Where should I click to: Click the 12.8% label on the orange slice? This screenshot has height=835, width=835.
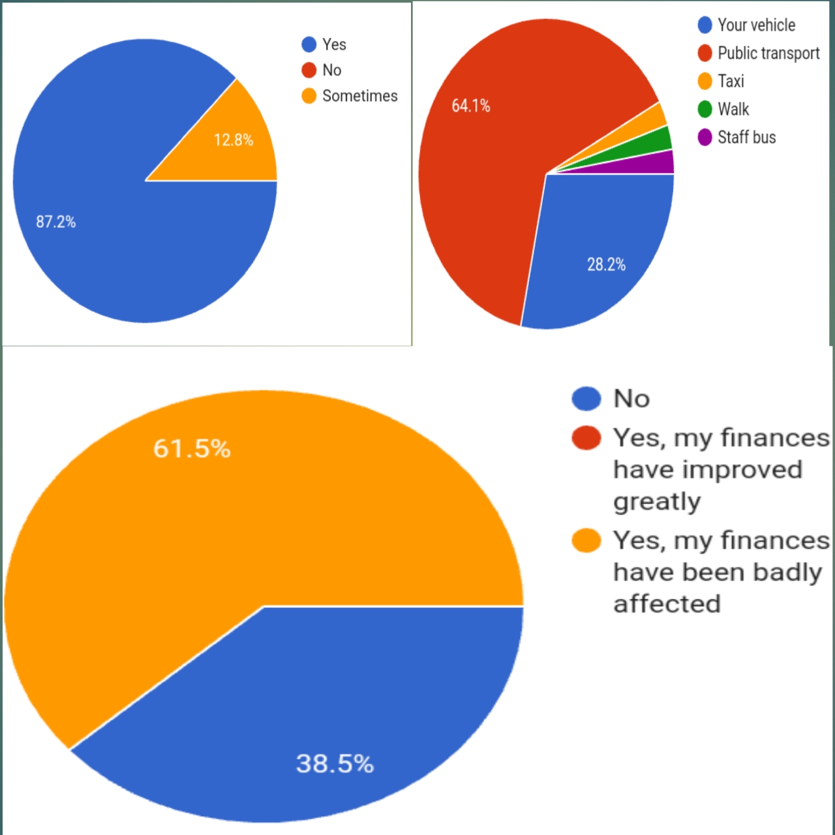[x=234, y=140]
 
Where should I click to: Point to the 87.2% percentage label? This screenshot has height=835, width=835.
[x=56, y=222]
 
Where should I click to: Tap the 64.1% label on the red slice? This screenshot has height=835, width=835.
[x=470, y=106]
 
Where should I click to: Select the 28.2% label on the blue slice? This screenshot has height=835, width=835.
[x=606, y=264]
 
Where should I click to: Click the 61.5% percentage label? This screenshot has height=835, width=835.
[x=192, y=449]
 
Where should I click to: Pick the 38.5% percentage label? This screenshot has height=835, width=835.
[x=335, y=763]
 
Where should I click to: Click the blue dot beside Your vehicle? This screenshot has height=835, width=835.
[x=705, y=25]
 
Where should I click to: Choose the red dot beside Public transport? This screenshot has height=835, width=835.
[x=705, y=53]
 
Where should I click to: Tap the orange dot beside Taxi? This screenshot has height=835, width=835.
[x=705, y=81]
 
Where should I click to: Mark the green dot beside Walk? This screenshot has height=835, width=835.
[x=705, y=109]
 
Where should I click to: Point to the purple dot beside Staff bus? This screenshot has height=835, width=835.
[x=705, y=137]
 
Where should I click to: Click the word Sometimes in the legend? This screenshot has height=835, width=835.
[x=359, y=96]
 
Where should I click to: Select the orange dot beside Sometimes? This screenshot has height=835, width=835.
[x=309, y=96]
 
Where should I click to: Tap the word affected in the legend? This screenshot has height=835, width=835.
[x=667, y=604]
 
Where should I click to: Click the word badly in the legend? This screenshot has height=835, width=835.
[x=787, y=572]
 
